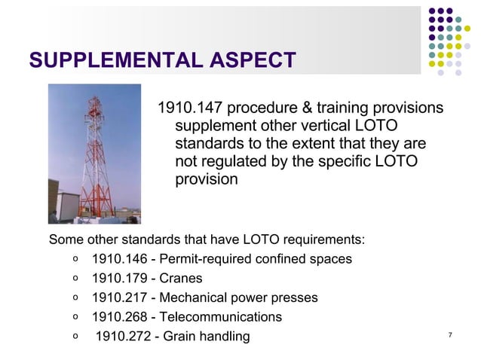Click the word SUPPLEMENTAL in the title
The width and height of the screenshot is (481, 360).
click(x=106, y=59)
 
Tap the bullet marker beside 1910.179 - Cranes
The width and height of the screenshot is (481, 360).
click(x=76, y=279)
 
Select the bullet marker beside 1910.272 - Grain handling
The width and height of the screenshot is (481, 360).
click(x=76, y=336)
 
